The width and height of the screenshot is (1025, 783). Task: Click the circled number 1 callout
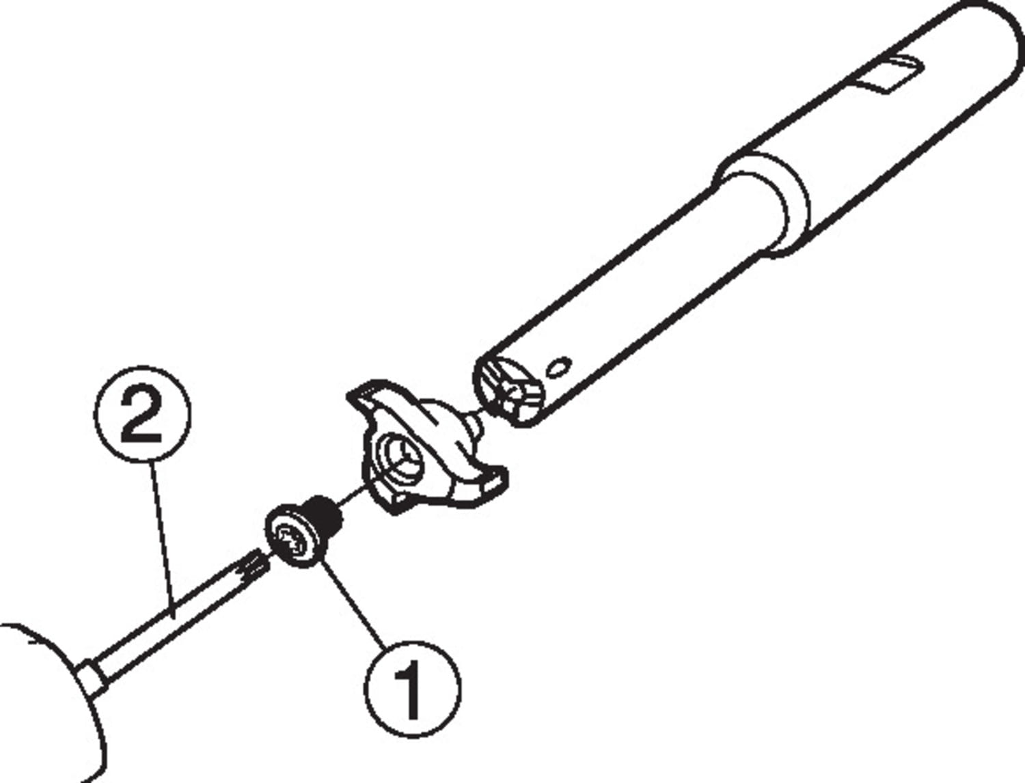point(412,689)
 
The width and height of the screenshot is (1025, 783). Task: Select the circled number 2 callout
point(142,415)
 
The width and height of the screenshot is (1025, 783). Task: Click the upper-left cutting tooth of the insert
point(369,385)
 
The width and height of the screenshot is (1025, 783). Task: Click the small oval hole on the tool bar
point(558,368)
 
